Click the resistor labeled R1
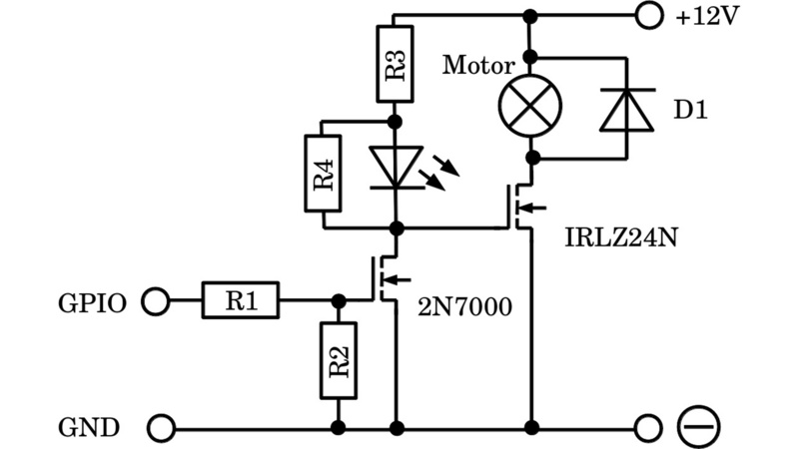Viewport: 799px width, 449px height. click(x=241, y=299)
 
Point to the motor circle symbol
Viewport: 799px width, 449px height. click(x=529, y=105)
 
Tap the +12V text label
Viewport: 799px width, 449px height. click(x=707, y=16)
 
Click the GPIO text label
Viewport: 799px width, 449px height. click(x=91, y=300)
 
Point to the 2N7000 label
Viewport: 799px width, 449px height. click(x=464, y=307)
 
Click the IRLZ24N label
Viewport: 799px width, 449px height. click(x=614, y=240)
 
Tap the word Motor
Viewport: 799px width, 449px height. click(x=479, y=67)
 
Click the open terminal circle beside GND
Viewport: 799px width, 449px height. click(x=160, y=428)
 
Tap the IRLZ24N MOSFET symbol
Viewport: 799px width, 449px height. click(x=520, y=208)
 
